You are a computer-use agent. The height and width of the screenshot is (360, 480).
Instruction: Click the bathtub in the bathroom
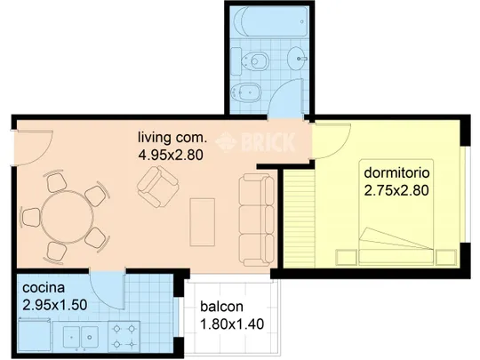pyautogui.click(x=270, y=21)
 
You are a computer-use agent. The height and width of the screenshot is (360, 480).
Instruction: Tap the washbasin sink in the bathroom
pyautogui.click(x=297, y=58)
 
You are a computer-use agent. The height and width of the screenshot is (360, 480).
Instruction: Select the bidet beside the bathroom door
pyautogui.click(x=246, y=92)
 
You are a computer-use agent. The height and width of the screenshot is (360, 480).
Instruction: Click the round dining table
pyautogui.click(x=67, y=217)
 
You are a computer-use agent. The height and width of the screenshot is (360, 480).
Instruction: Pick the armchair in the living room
pyautogui.click(x=158, y=187)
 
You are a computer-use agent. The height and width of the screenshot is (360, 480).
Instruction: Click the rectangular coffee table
pyautogui.click(x=202, y=222)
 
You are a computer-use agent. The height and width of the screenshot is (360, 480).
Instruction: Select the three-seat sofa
pyautogui.click(x=257, y=220)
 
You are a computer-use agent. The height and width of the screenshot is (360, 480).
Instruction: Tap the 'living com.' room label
pyautogui.click(x=172, y=138)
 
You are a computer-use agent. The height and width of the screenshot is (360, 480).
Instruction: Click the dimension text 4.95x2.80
pyautogui.click(x=171, y=155)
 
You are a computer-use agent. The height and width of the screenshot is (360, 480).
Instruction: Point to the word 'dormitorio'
pyautogui.click(x=396, y=172)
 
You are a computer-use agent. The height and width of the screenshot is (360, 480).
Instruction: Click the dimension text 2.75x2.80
pyautogui.click(x=396, y=190)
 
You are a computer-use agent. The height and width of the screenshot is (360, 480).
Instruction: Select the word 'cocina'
pyautogui.click(x=44, y=288)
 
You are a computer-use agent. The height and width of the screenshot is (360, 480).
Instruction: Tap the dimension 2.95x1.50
pyautogui.click(x=55, y=305)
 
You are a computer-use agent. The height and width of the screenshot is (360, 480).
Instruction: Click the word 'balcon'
pyautogui.click(x=221, y=307)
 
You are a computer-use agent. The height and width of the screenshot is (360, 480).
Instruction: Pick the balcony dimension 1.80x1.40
pyautogui.click(x=232, y=324)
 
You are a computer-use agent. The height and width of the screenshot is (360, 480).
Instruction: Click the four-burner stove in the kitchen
pyautogui.click(x=124, y=337)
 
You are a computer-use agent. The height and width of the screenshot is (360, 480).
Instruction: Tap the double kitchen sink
pyautogui.click(x=81, y=337)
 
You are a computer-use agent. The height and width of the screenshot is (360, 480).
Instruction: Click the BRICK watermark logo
pyautogui.click(x=256, y=142)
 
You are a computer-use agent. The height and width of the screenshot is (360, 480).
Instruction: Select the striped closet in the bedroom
pyautogui.click(x=299, y=219)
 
